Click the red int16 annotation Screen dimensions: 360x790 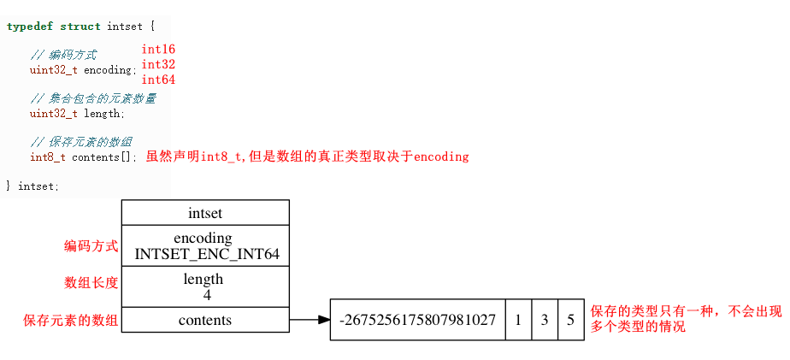[158, 50]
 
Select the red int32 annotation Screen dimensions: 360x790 [158, 64]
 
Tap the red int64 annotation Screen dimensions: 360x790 [158, 80]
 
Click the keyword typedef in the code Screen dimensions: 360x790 [30, 27]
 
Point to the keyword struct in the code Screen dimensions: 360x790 [80, 27]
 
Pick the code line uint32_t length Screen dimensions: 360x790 [77, 113]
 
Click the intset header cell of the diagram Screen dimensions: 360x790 [205, 213]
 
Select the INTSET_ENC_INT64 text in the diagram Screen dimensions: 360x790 [206, 254]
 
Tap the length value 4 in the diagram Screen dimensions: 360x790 [206, 295]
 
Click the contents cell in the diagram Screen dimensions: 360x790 [205, 320]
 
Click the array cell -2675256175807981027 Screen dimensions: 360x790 [417, 320]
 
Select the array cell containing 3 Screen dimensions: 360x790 [545, 320]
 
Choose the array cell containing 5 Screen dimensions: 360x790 [570, 320]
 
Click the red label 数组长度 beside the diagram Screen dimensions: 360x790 [91, 282]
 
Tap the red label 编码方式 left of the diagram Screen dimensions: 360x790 [91, 246]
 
